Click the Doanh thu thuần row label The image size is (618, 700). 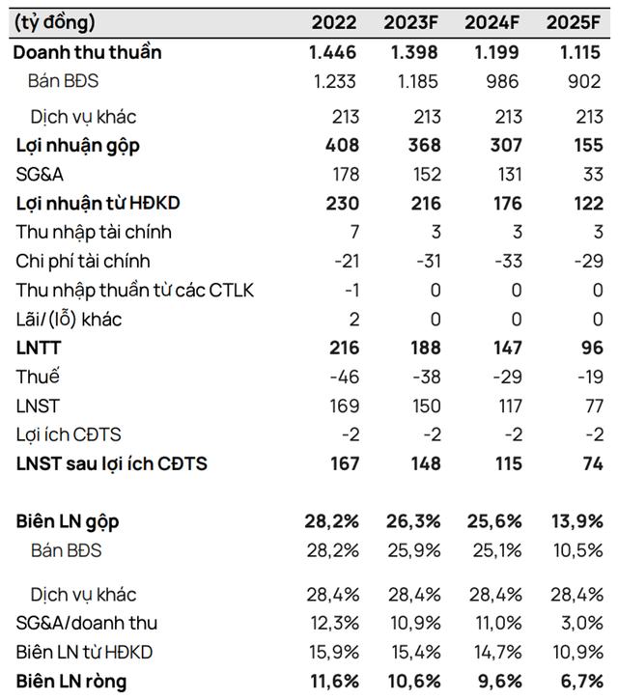click(87, 52)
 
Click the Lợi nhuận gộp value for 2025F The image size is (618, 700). click(583, 146)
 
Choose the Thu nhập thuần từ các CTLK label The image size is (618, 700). click(135, 291)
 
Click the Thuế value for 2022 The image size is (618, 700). click(342, 378)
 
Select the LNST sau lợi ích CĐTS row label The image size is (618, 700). click(111, 464)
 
